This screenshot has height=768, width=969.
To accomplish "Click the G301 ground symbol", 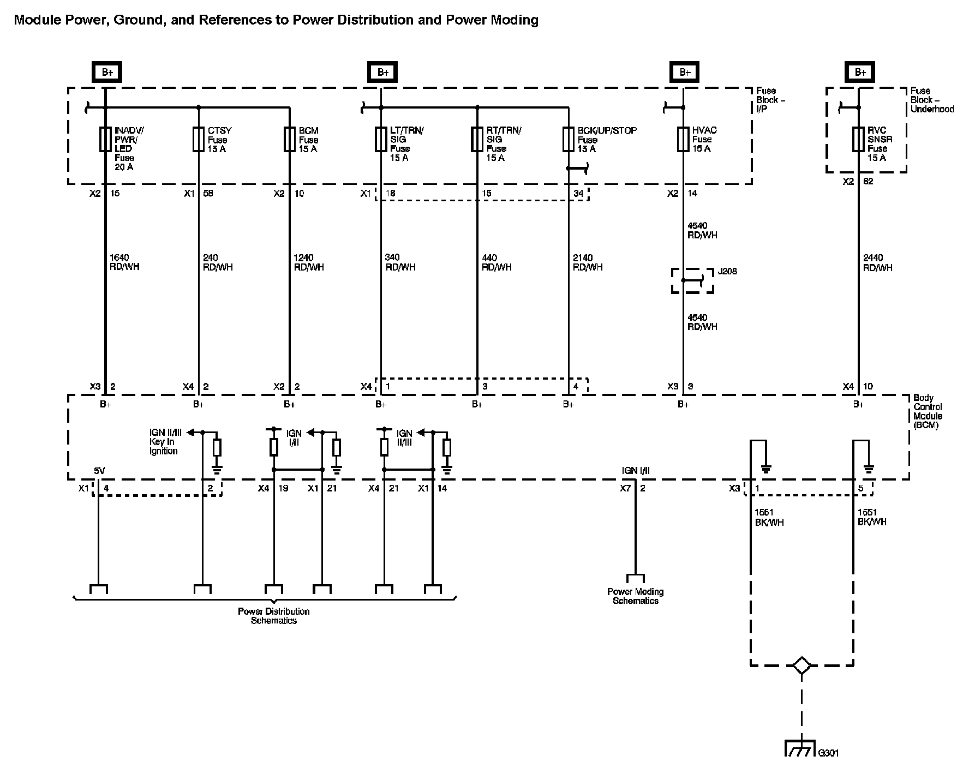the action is click(801, 748).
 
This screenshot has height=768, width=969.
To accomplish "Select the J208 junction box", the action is click(692, 280).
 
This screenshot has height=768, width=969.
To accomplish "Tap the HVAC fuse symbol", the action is click(683, 139).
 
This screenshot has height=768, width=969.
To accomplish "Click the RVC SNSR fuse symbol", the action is click(858, 139).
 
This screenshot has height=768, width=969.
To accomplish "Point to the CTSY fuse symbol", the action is click(198, 139).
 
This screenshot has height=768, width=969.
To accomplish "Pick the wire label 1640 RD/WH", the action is click(124, 262).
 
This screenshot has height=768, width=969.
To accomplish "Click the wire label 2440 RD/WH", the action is click(877, 262).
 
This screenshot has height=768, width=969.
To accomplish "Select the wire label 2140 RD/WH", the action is click(588, 262).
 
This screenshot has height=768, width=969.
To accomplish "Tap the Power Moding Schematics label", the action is click(636, 596).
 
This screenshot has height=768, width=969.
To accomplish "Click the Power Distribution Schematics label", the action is click(274, 616).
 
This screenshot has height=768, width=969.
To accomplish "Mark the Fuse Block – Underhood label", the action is click(932, 100).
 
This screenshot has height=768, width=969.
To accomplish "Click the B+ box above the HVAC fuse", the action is click(685, 72).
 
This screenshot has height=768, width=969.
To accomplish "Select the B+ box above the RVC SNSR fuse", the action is click(860, 72).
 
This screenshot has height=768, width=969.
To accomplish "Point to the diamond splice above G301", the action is click(801, 665).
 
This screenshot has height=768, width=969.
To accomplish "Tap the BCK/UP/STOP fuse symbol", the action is click(568, 139).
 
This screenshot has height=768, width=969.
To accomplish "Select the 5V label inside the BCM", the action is click(99, 471).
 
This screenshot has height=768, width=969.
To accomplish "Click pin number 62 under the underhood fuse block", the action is click(868, 181).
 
